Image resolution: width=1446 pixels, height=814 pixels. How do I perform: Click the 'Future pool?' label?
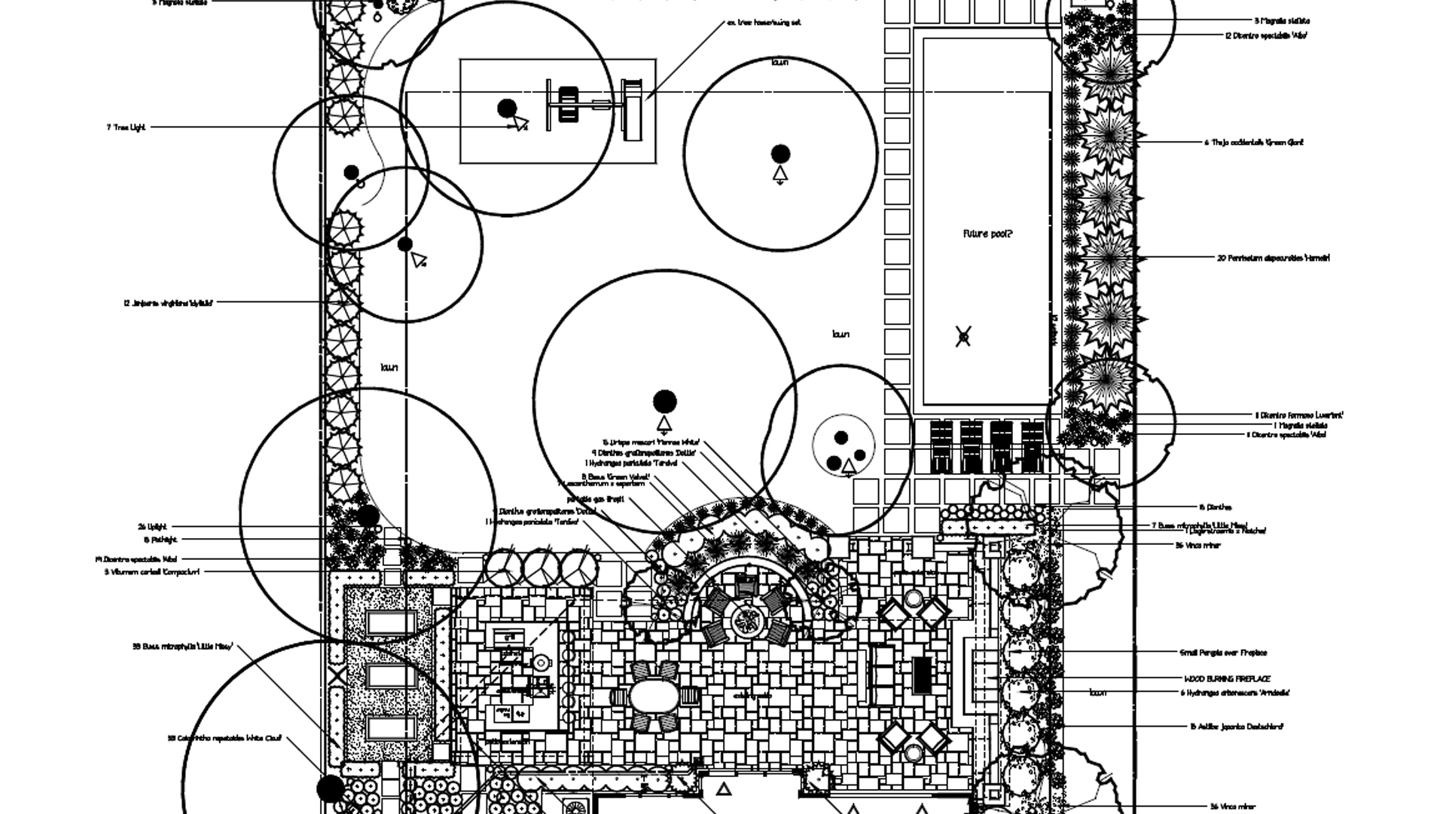(987, 234)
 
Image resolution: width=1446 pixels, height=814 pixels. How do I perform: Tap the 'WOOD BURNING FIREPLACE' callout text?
(1227, 679)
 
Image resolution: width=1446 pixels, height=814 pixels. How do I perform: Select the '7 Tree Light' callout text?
(126, 127)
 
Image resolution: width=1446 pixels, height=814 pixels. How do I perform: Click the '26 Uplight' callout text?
(152, 527)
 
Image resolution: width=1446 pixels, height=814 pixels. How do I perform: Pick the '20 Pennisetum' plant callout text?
(1273, 258)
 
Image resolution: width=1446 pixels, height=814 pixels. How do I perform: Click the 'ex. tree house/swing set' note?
(763, 23)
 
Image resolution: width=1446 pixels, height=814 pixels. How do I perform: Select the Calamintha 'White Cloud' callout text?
(224, 739)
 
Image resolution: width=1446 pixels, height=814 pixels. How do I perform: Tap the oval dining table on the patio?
(653, 696)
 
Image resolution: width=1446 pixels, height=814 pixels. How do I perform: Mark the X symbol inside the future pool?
(963, 336)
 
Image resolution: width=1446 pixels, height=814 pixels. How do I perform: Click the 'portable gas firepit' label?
(595, 499)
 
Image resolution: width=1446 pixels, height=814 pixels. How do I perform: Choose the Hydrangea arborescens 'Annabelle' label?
(1235, 693)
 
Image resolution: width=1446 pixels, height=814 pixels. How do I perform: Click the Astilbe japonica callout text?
(1236, 727)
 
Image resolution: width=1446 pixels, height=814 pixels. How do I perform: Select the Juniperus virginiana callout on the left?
(168, 303)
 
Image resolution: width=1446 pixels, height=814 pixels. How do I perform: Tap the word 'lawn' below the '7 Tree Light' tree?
(389, 368)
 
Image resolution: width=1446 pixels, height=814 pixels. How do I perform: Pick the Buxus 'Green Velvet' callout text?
(615, 476)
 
